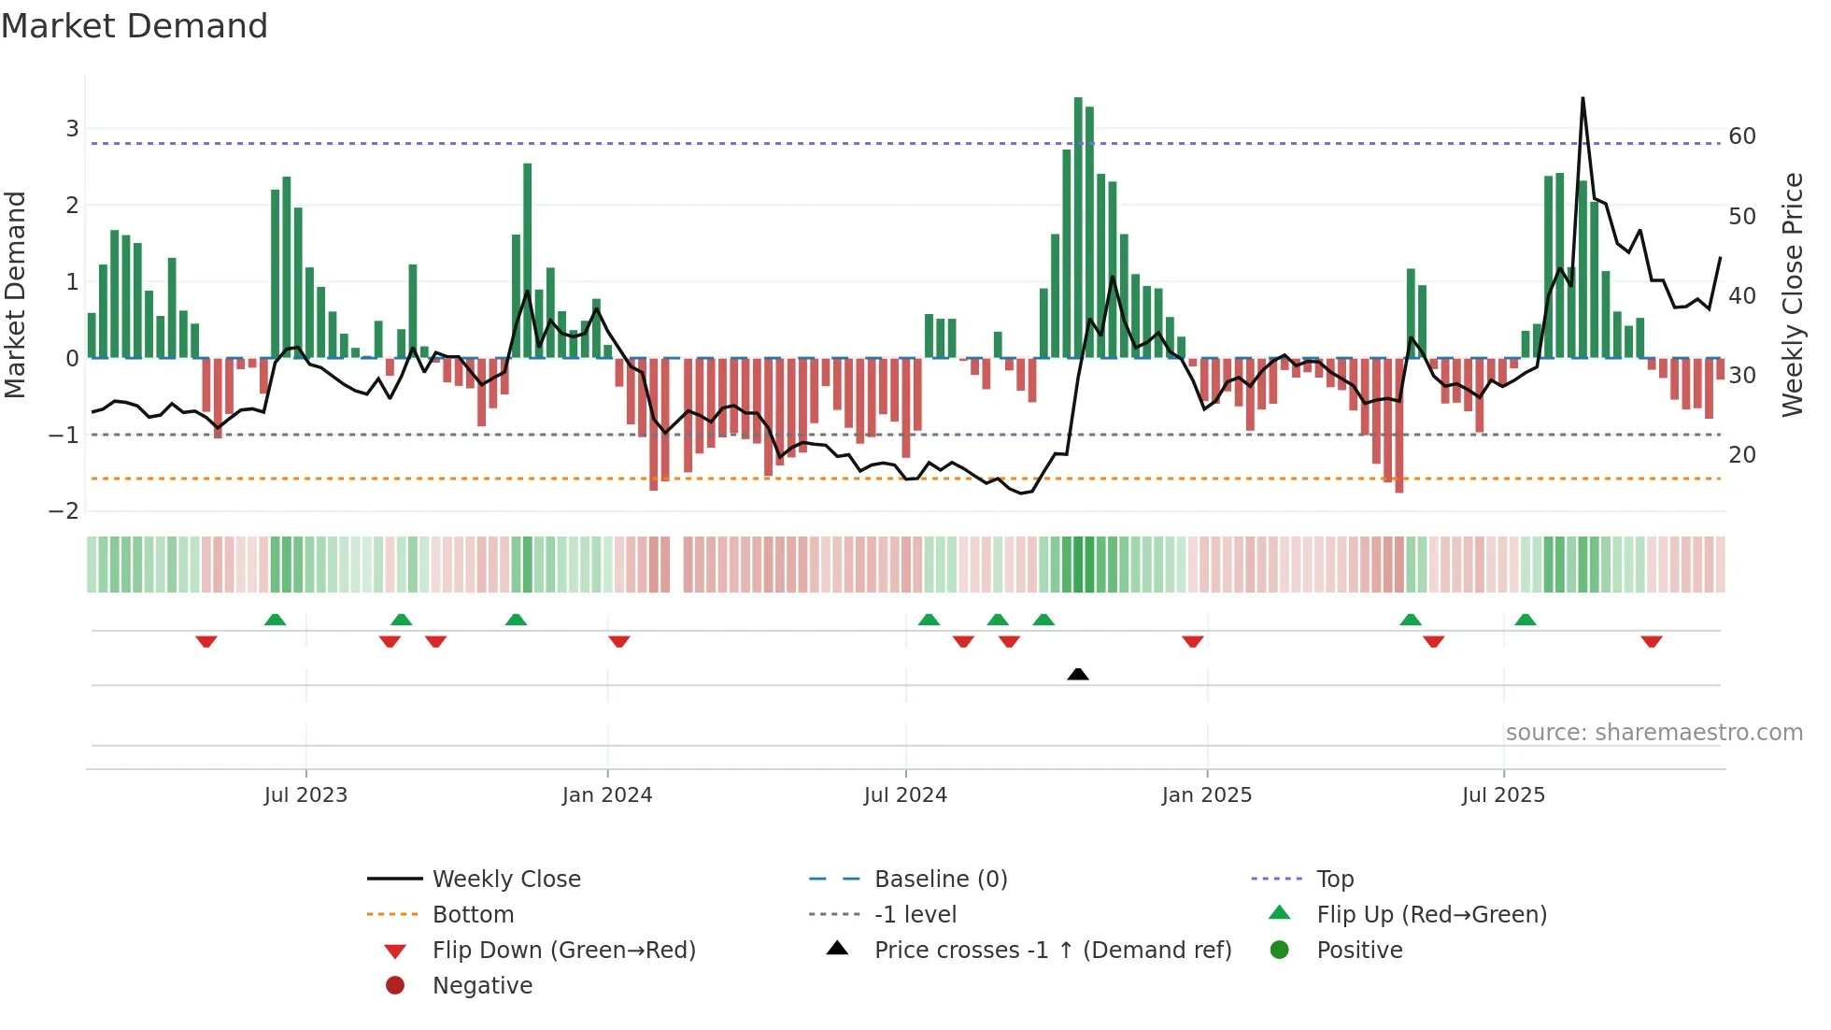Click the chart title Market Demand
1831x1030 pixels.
click(x=135, y=26)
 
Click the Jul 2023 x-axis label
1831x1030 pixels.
click(x=305, y=795)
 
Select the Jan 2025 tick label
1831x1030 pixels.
click(x=1206, y=795)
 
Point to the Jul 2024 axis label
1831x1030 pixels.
click(x=905, y=795)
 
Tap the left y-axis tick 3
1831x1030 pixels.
click(x=72, y=129)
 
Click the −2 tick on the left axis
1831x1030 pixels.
click(x=64, y=511)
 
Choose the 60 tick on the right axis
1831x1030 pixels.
click(x=1742, y=136)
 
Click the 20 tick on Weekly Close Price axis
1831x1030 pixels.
click(x=1742, y=455)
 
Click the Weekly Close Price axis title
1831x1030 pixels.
click(x=1793, y=294)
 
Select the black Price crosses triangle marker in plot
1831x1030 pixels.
click(x=1078, y=674)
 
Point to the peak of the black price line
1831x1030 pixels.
click(x=1583, y=98)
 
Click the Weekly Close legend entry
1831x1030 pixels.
click(x=505, y=880)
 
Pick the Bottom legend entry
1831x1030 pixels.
click(x=473, y=915)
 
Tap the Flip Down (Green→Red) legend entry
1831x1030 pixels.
click(x=563, y=951)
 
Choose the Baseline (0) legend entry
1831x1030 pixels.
click(x=940, y=880)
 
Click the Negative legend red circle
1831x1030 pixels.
click(x=395, y=986)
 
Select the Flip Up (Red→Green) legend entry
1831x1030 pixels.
click(x=1431, y=915)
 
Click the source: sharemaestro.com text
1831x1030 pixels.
click(x=1654, y=733)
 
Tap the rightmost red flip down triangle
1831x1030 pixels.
click(x=1652, y=641)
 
